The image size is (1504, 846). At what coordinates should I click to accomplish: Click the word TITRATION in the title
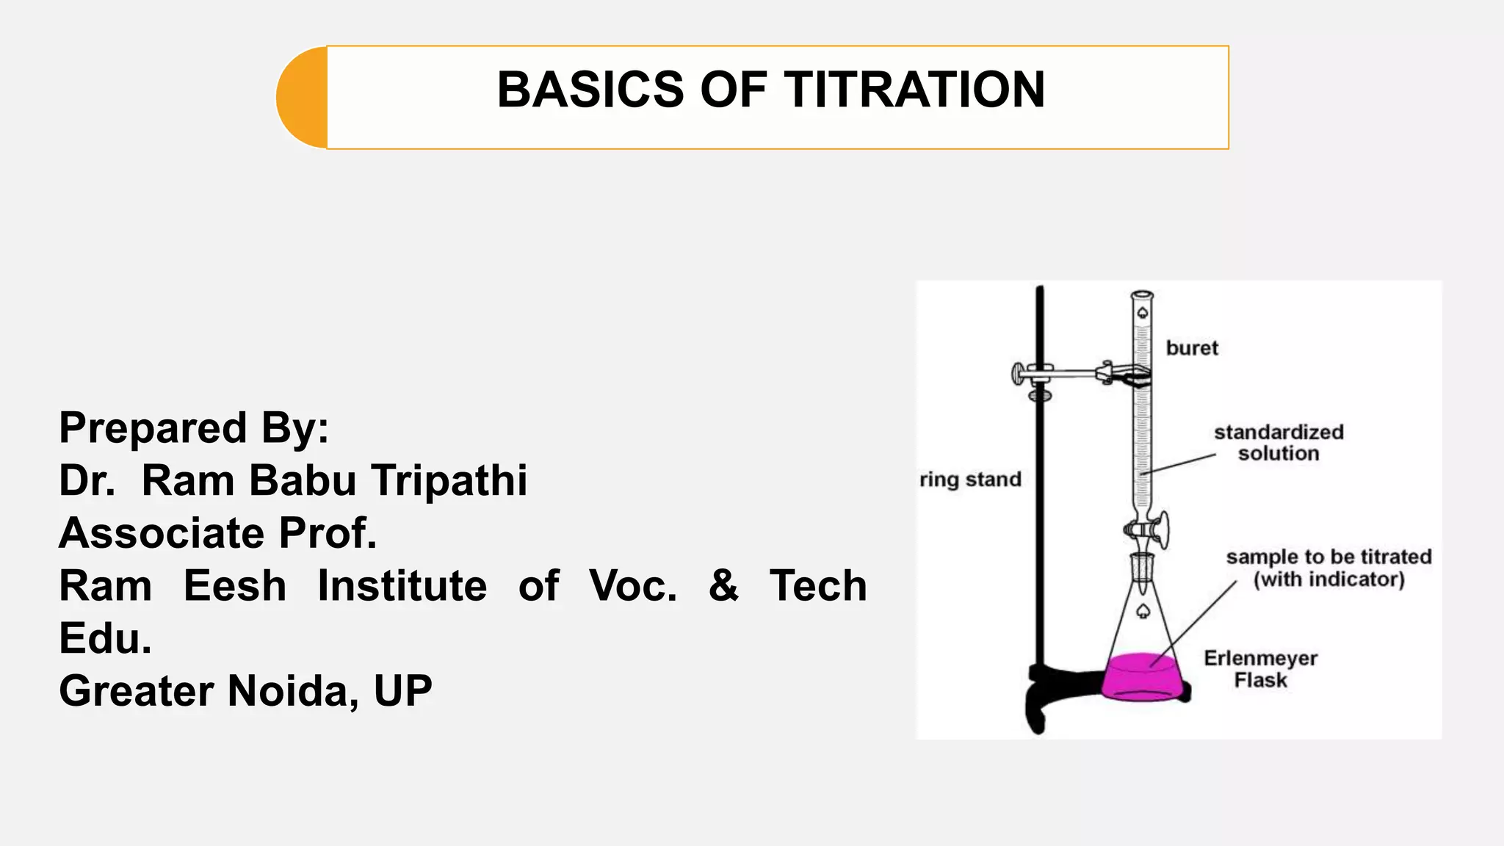click(x=914, y=90)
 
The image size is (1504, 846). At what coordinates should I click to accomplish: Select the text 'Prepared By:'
click(x=194, y=427)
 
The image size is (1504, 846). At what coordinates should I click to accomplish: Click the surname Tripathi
click(x=449, y=480)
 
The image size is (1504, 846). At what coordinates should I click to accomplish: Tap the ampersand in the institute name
click(x=723, y=585)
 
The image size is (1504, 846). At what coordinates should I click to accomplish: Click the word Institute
click(x=402, y=586)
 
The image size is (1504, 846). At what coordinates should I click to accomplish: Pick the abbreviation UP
click(x=402, y=691)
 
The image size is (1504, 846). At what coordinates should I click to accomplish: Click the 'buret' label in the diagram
click(x=1191, y=348)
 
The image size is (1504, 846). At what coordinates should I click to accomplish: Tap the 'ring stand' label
click(x=970, y=480)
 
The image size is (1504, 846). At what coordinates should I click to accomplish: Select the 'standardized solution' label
click(x=1279, y=443)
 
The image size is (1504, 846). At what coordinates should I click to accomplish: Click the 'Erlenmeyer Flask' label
click(x=1260, y=669)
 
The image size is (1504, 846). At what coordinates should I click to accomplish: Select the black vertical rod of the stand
click(x=1040, y=514)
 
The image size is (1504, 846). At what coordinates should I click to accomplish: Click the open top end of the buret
click(x=1142, y=294)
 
